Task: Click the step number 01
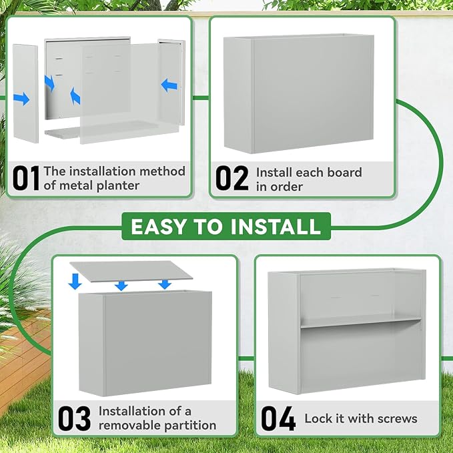click(26, 178)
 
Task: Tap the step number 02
click(232, 178)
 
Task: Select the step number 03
click(74, 418)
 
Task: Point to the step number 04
click(278, 418)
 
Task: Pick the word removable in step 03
click(129, 425)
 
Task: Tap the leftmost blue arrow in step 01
click(21, 99)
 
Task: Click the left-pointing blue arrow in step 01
click(169, 85)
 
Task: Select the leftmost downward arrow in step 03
click(75, 282)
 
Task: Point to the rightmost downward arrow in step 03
click(165, 285)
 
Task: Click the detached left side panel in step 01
click(26, 93)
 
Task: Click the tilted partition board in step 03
click(131, 272)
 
